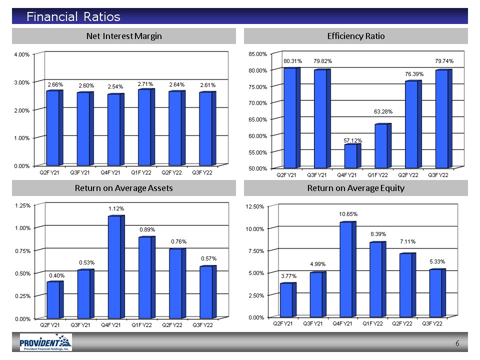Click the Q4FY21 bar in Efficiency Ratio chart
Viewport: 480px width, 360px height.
point(352,155)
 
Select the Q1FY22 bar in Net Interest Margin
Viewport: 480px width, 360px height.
point(146,127)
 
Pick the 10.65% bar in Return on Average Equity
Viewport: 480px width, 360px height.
point(348,269)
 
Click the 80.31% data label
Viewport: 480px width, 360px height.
point(292,61)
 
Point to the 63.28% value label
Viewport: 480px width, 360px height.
point(383,111)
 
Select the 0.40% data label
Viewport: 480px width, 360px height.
point(57,276)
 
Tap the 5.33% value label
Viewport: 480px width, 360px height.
point(437,261)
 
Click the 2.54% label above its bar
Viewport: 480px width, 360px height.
point(115,87)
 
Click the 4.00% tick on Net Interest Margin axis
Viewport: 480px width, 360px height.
point(21,54)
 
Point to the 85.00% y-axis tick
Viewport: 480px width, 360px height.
point(258,54)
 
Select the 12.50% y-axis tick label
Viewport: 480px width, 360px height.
point(254,206)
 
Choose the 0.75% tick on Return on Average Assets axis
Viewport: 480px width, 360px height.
point(23,251)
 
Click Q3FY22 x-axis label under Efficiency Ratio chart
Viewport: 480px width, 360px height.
point(438,175)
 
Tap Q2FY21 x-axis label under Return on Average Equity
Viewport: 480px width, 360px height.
point(283,323)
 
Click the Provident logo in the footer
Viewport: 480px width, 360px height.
point(46,342)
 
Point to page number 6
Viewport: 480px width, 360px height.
point(457,343)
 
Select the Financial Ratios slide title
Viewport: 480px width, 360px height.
point(73,16)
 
